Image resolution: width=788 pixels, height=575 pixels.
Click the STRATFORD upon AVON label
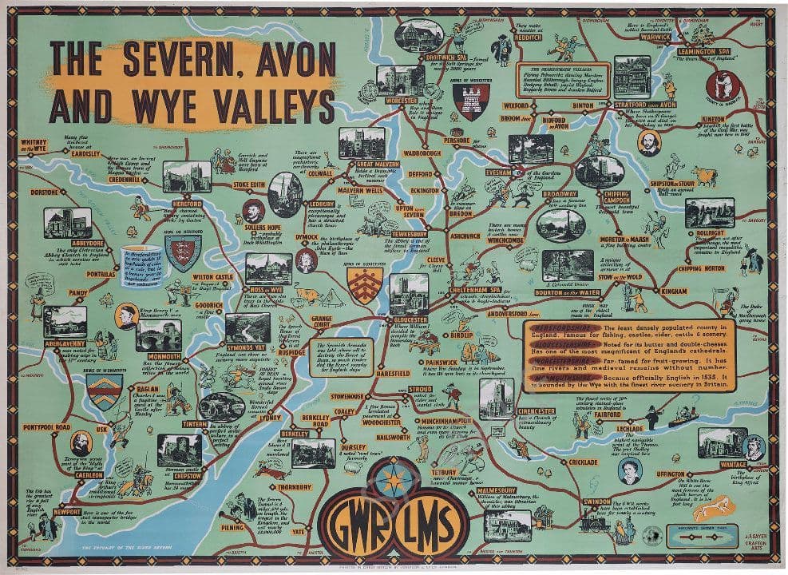tap(644, 105)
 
